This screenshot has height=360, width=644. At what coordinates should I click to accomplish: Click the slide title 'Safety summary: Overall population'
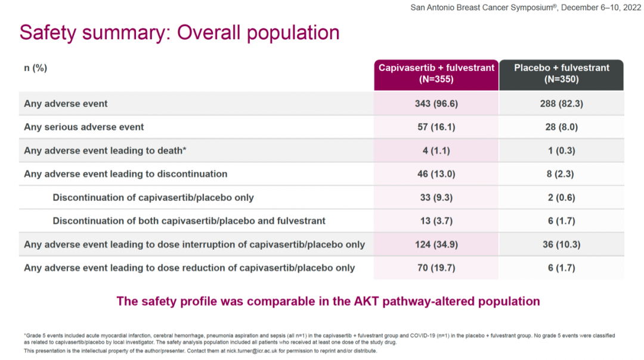[179, 32]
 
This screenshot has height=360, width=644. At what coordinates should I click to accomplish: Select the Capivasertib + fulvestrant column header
[436, 73]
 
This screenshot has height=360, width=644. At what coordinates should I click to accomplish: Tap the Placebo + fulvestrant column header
[561, 73]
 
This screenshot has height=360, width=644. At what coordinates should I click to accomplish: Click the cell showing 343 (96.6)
[436, 104]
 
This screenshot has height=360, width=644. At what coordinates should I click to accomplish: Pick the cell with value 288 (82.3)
[561, 104]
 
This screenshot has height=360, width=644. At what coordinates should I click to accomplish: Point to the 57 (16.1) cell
[436, 127]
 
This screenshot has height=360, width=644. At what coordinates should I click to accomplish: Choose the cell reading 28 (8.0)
[561, 127]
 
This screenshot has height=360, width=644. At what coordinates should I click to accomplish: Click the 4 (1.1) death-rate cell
[436, 151]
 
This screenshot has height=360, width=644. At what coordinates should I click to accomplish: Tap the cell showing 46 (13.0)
[436, 174]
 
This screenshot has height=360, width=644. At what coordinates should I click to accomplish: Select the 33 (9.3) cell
[436, 197]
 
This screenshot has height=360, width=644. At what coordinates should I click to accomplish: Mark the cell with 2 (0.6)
[561, 197]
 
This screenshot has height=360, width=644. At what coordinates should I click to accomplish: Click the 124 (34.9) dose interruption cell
[436, 244]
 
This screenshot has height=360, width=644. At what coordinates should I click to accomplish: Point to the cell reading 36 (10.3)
[561, 244]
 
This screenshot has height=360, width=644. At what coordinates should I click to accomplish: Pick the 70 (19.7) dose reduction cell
[436, 268]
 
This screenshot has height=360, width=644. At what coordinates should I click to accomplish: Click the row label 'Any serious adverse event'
[84, 127]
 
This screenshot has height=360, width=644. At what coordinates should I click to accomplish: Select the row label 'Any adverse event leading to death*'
[106, 151]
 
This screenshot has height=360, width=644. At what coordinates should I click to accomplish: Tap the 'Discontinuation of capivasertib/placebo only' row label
[153, 197]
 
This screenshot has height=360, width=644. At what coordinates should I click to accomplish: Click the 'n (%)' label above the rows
[35, 68]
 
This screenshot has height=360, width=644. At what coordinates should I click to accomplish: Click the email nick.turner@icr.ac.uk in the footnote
[244, 351]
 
